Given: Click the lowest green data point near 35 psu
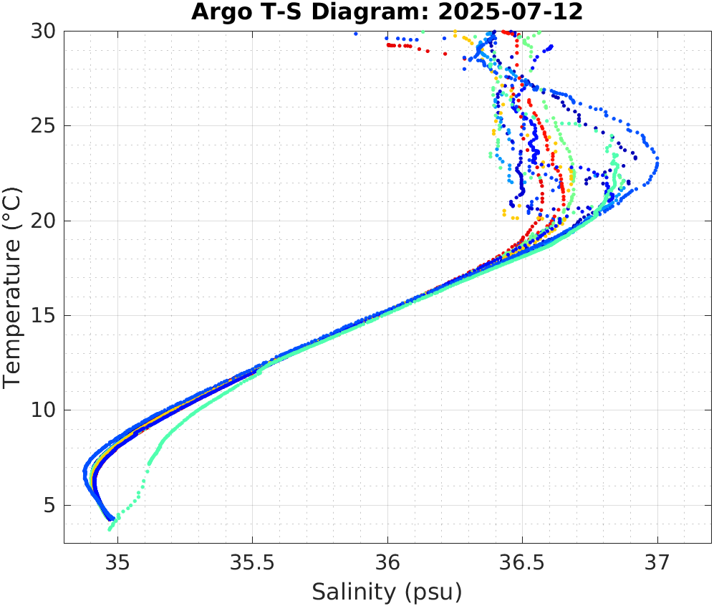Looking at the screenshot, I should click(110, 529).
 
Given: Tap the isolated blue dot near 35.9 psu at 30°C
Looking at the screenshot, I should click(355, 34).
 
